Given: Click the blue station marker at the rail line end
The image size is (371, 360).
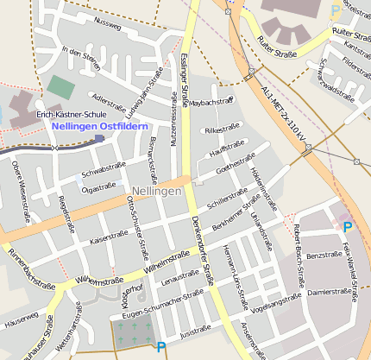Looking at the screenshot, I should (x=100, y=137).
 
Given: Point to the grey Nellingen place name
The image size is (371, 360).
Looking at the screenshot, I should (x=157, y=190).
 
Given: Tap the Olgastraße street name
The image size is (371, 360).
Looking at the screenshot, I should (x=98, y=186).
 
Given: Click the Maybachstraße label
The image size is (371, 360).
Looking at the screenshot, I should (x=211, y=102).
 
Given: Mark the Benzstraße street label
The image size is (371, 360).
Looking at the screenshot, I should (x=324, y=256).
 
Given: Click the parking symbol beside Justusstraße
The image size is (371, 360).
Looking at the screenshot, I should (x=160, y=347).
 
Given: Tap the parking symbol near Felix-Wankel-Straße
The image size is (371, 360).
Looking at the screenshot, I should (x=348, y=227).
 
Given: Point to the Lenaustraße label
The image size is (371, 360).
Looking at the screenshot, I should (x=181, y=278).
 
